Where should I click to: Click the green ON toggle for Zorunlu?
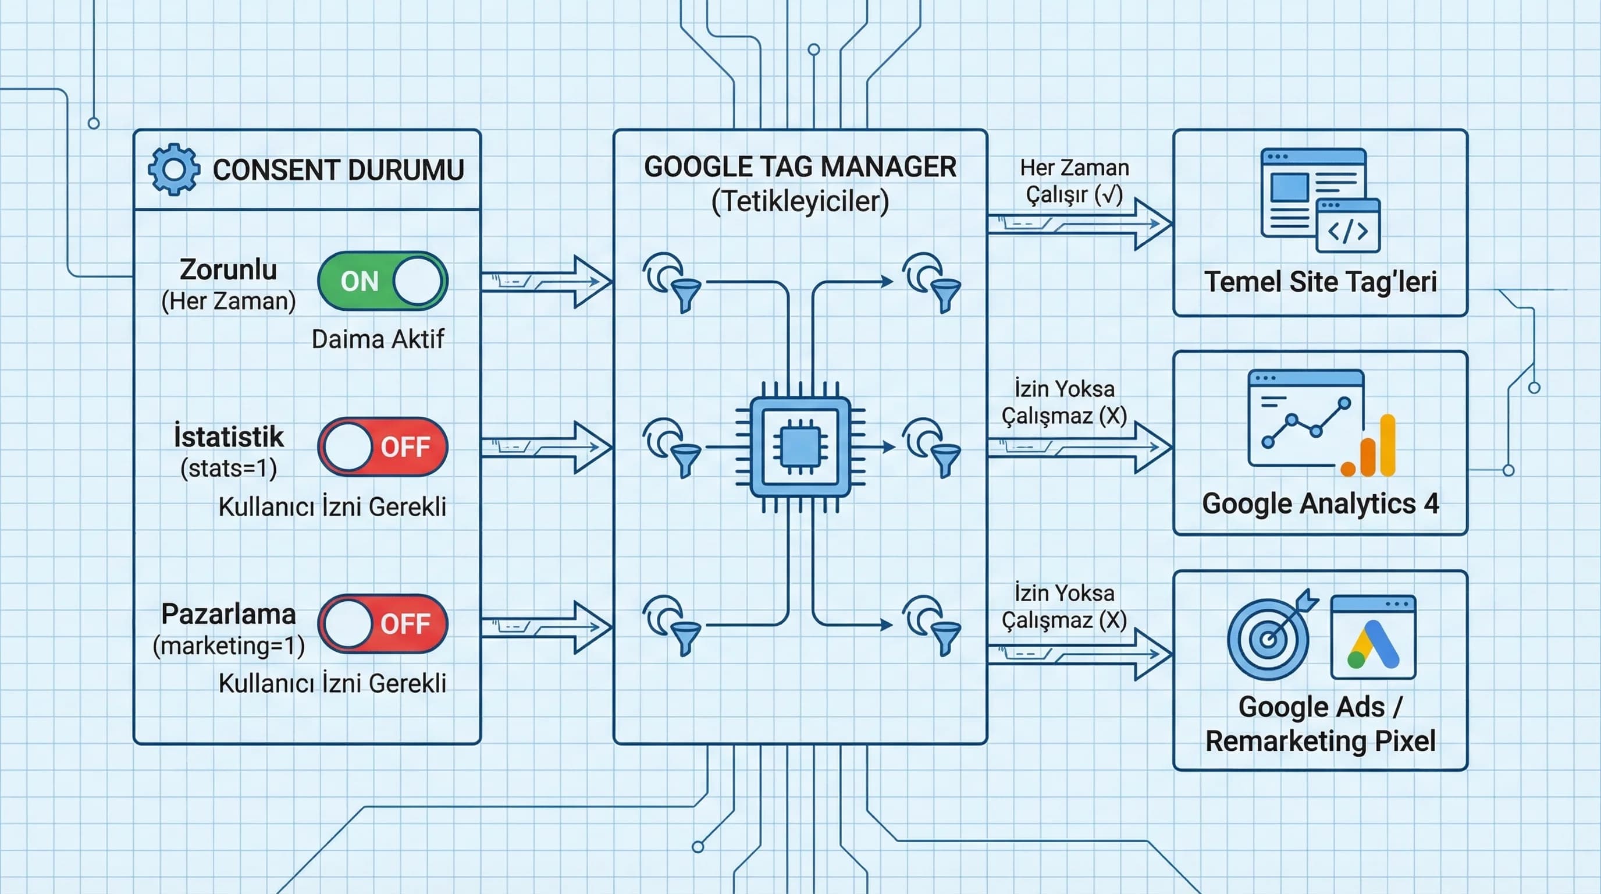click(382, 281)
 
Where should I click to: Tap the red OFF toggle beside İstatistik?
click(382, 446)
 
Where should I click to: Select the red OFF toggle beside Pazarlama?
click(382, 623)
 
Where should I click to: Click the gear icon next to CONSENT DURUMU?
click(174, 170)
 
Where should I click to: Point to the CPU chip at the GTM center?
click(800, 447)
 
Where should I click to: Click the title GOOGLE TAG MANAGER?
click(800, 166)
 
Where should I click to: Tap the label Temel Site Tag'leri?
click(1320, 282)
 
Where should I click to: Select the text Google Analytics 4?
click(1320, 503)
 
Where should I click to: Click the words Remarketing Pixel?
click(1320, 741)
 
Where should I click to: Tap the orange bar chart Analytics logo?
click(1370, 448)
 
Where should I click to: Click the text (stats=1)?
click(228, 468)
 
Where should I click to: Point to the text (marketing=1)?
click(228, 646)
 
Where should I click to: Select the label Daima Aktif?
click(377, 339)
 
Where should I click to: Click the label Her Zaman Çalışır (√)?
click(1074, 181)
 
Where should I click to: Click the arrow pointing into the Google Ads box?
click(1080, 654)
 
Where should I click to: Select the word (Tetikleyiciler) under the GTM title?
click(800, 201)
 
